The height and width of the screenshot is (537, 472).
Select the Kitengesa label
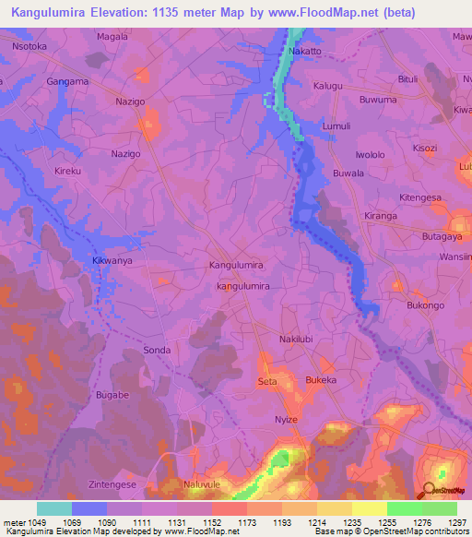[420, 197]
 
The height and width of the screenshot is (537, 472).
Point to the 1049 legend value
[38, 522]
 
